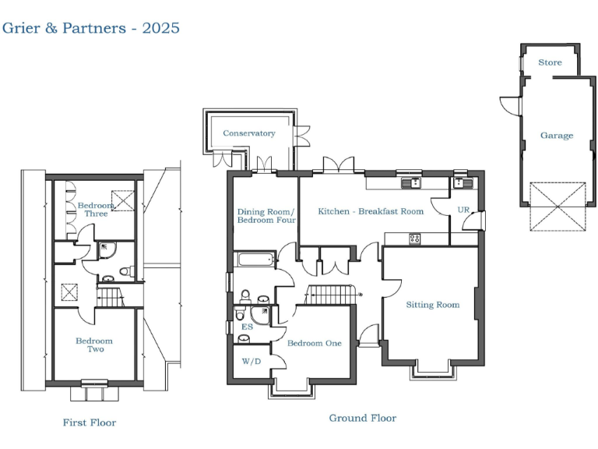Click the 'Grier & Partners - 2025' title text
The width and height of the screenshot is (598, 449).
(91, 28)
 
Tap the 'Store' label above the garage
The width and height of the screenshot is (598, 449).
(550, 62)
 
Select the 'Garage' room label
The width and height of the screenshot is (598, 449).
(556, 135)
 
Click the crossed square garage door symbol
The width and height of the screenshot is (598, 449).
(556, 206)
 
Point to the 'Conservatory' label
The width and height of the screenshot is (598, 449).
(249, 133)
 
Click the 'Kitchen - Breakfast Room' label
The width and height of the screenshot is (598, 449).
(370, 211)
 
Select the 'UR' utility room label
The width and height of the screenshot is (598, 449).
(463, 210)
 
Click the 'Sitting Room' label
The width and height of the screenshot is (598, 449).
(432, 305)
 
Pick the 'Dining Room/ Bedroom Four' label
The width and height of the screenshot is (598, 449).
(266, 216)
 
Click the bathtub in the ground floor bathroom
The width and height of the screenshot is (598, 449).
(254, 260)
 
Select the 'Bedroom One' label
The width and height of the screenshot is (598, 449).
(314, 343)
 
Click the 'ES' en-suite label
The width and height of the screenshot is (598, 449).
(248, 327)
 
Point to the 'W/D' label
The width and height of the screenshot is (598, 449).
(251, 362)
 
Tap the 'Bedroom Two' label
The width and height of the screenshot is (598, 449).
(93, 345)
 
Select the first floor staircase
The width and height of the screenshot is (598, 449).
(109, 297)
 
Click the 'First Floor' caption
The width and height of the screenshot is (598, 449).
(90, 422)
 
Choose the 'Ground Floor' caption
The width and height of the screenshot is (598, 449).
(362, 419)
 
